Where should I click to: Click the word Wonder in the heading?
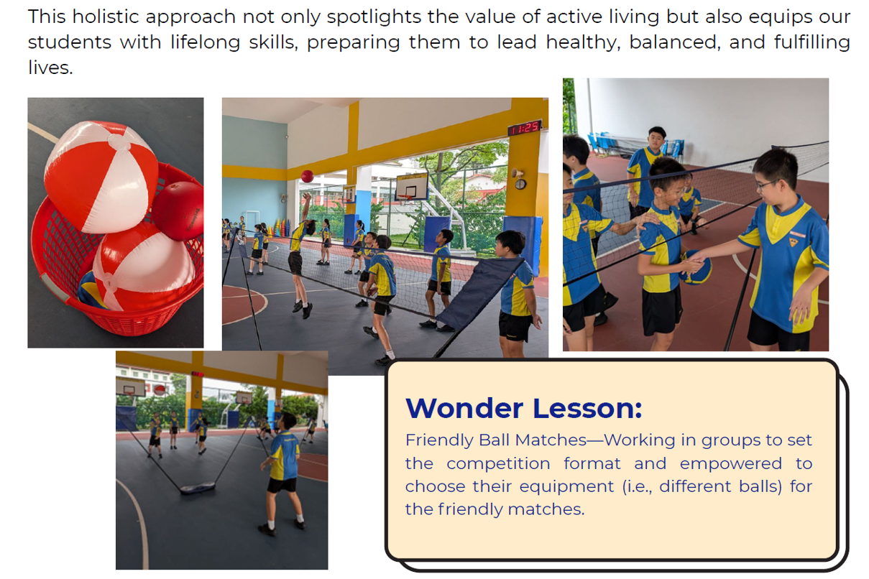[x=464, y=408]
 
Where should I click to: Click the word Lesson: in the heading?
[x=587, y=408]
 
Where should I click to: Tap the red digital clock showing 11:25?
[x=525, y=128]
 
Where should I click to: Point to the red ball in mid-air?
[x=307, y=176]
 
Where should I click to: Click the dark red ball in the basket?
[x=178, y=210]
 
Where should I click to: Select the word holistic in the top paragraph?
[x=106, y=17]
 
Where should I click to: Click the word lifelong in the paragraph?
[x=206, y=42]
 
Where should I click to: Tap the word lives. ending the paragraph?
[x=50, y=68]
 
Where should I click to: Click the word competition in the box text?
[x=499, y=464]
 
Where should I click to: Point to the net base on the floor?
[x=198, y=488]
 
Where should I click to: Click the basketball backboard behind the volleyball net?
[x=412, y=186]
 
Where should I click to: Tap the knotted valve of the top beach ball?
[x=119, y=142]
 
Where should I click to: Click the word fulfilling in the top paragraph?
[x=812, y=42]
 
